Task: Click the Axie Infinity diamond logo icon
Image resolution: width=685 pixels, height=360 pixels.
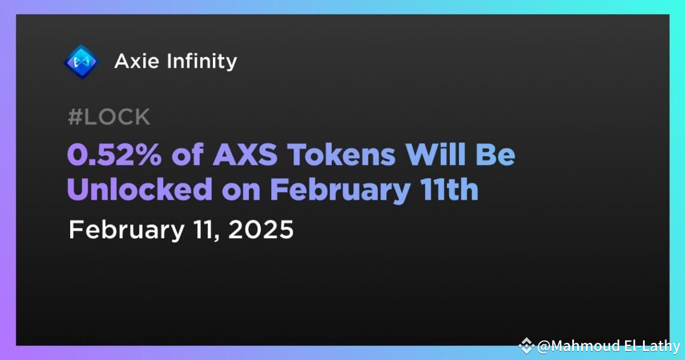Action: (81, 61)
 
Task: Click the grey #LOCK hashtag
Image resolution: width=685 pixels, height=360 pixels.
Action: (109, 118)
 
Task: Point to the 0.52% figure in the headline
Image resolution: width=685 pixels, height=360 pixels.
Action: (114, 155)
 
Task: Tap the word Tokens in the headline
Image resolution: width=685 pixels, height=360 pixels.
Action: (342, 155)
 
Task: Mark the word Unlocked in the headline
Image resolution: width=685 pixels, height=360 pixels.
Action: (139, 190)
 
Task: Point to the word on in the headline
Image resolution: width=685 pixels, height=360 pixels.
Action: (239, 190)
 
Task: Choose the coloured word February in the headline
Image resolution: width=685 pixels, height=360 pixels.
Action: (337, 190)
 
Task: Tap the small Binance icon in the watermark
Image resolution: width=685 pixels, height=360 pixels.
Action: (526, 346)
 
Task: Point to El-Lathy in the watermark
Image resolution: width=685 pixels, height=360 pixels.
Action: (650, 346)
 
